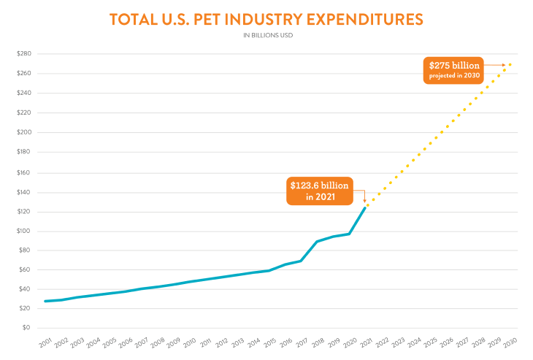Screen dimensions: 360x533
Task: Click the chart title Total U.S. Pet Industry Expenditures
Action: click(x=266, y=20)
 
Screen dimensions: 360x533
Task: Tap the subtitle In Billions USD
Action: click(x=266, y=35)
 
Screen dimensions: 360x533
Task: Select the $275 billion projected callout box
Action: click(x=453, y=70)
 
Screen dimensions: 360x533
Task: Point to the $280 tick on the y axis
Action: click(x=23, y=54)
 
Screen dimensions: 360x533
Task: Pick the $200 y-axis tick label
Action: click(x=23, y=132)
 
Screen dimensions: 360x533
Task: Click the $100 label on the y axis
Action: click(x=23, y=231)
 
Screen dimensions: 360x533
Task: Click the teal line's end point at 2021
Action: click(x=365, y=208)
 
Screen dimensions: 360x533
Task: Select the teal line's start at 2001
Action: click(x=45, y=301)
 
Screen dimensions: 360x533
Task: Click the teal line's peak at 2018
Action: click(x=317, y=241)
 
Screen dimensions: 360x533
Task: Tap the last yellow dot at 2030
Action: click(x=510, y=64)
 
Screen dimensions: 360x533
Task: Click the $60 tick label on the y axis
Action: click(x=25, y=269)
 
